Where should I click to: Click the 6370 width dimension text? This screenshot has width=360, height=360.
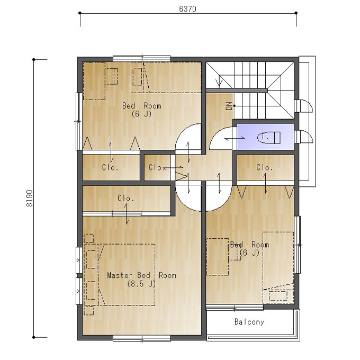tap(187, 9)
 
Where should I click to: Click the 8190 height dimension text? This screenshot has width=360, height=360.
tap(30, 199)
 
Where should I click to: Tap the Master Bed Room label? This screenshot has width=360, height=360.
tap(142, 275)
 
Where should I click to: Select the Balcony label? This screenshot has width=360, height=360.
tap(249, 322)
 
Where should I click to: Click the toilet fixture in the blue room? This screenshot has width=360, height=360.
tap(269, 138)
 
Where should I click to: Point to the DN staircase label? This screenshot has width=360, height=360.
tap(229, 106)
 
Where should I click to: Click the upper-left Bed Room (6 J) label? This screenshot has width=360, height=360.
tap(142, 110)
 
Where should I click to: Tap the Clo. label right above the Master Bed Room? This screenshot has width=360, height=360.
tap(126, 198)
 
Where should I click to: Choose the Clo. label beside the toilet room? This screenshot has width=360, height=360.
tap(265, 167)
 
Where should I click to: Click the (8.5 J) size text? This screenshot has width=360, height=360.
tap(141, 284)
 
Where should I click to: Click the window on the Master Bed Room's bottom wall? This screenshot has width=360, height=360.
tap(142, 338)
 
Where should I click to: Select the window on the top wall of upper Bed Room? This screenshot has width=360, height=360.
tap(142, 58)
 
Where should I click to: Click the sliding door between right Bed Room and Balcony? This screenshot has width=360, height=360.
tap(235, 308)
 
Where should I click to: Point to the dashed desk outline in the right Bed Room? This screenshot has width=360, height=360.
tap(218, 257)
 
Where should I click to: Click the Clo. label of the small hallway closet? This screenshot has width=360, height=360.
tap(157, 167)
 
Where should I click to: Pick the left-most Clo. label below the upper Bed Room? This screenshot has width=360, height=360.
tap(110, 167)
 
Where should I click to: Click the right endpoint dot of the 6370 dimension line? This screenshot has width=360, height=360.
tap(296, 13)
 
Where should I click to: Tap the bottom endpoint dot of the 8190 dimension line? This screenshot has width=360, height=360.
tap(34, 337)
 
